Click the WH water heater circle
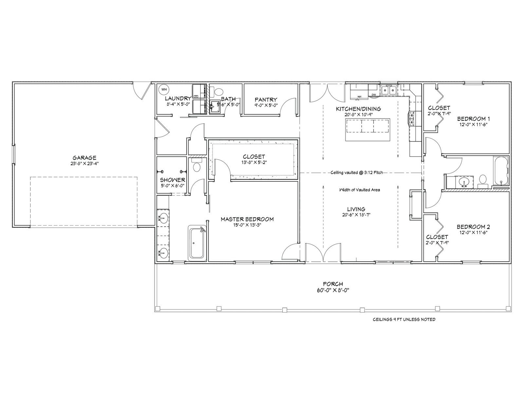pos(164,89)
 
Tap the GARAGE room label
pos(84,158)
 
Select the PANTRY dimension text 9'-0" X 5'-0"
pos(266,105)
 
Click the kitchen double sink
pos(389,90)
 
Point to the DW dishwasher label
pos(374,95)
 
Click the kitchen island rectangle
pos(368,130)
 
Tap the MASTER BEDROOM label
pos(247,219)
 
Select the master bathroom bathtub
pos(197,243)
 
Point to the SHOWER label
pos(172,180)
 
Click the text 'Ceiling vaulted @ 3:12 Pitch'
pos(357,172)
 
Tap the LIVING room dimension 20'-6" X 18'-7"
pos(356,215)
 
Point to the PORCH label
pos(333,284)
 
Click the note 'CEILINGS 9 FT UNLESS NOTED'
pos(404,319)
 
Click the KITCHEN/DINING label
pos(358,109)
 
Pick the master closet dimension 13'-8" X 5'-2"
pos(254,162)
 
